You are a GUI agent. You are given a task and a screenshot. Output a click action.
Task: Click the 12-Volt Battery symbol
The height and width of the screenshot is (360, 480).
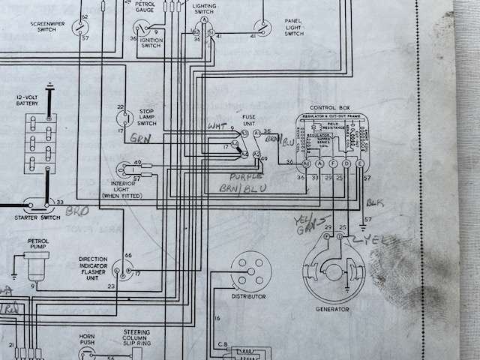tap(40, 144)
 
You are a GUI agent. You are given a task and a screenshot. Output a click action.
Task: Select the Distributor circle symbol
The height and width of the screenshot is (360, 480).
tap(250, 271)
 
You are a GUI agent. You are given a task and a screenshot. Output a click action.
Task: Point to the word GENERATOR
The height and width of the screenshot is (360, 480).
tap(334, 308)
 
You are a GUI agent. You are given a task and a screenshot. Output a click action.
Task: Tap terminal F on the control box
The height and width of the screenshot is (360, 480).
tap(333, 163)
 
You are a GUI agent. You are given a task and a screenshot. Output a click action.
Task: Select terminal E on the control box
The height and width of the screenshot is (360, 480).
tap(360, 163)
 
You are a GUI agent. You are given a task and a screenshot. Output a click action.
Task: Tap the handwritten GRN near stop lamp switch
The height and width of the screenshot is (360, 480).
tap(140, 139)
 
